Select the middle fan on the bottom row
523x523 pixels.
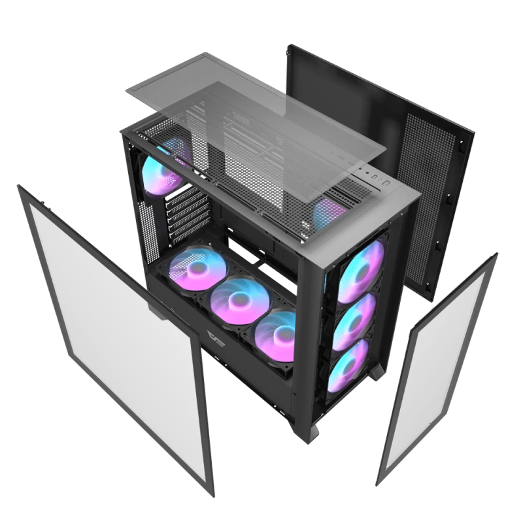click(x=238, y=297)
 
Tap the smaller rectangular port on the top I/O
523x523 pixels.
click(x=375, y=176)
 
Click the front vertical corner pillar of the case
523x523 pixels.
click(x=314, y=327)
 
